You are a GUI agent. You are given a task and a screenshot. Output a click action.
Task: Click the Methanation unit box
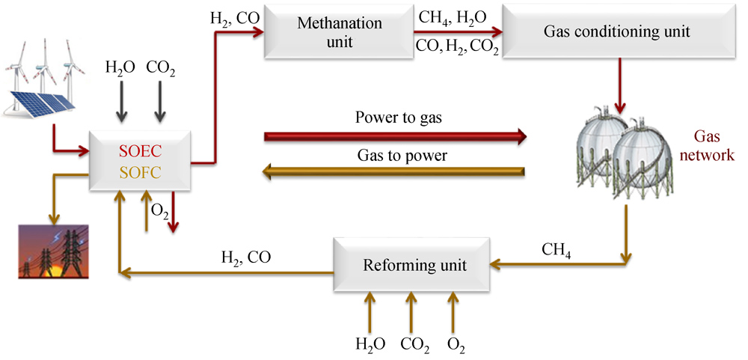339,32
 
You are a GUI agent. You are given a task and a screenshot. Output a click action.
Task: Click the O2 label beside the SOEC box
159,211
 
